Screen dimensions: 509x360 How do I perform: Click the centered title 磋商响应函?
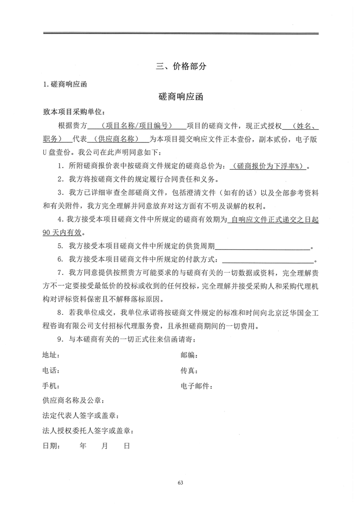180,97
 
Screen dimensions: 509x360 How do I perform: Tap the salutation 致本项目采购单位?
73,112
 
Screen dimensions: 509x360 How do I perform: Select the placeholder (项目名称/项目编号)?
136,126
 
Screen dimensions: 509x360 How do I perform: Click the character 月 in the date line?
104,446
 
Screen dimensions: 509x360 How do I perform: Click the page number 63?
180,482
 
